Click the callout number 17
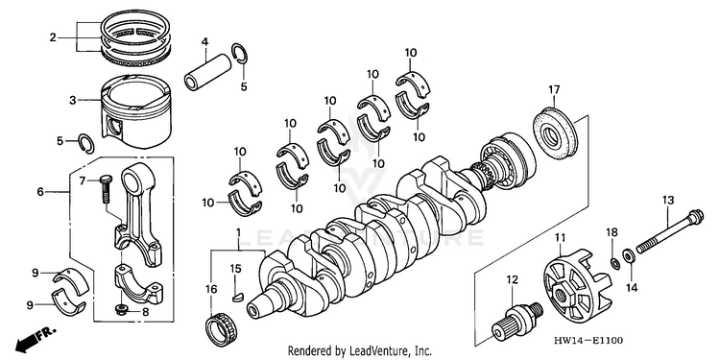(x=554, y=90)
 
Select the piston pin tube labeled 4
(x=207, y=72)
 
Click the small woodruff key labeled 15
(x=236, y=297)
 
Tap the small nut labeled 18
(x=613, y=263)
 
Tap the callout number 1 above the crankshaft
(x=238, y=234)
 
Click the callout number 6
(x=40, y=192)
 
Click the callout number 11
(x=560, y=237)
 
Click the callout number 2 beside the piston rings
(x=53, y=37)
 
